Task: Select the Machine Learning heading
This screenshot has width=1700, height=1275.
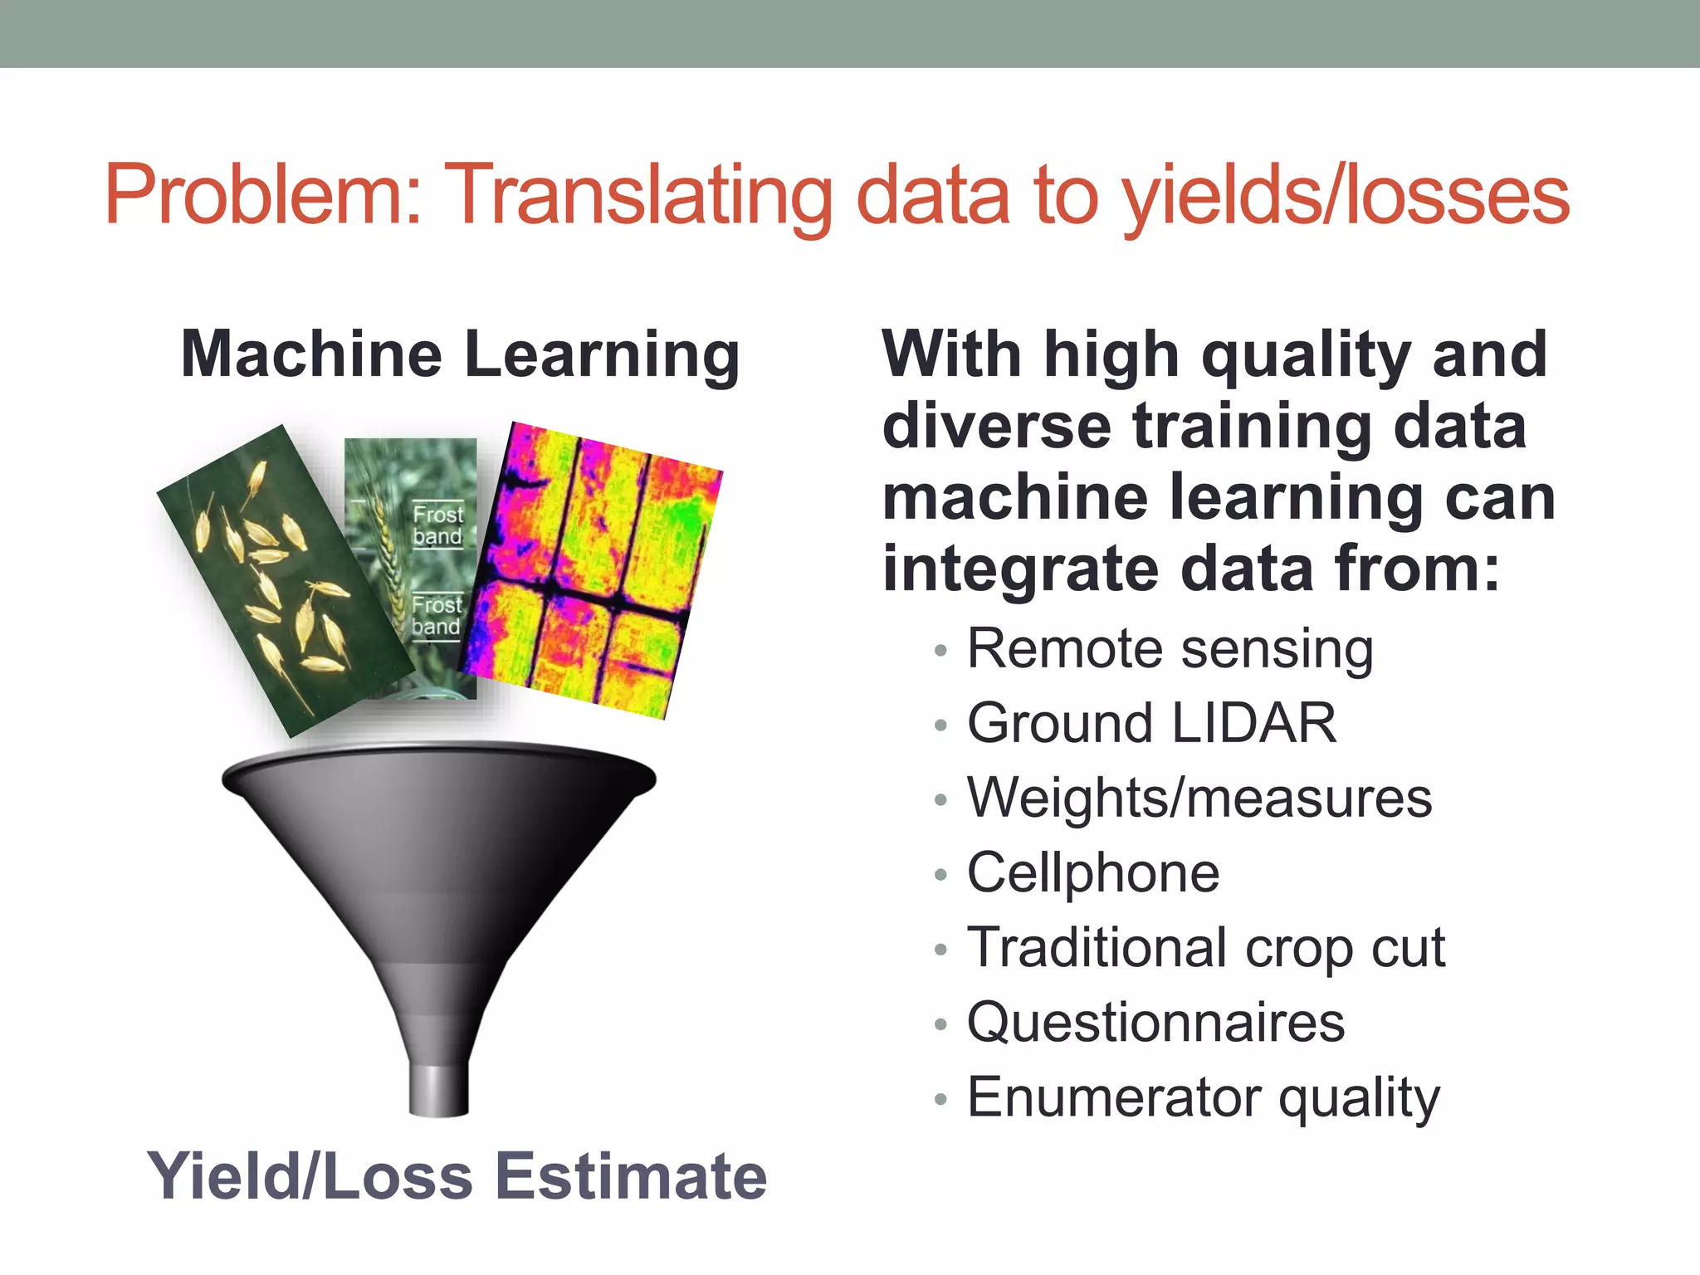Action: pyautogui.click(x=460, y=355)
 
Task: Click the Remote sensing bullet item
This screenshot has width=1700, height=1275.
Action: pyautogui.click(x=1170, y=649)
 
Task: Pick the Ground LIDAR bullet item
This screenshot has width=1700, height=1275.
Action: pyautogui.click(x=1151, y=724)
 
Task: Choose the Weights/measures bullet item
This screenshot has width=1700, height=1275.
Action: pyautogui.click(x=1199, y=799)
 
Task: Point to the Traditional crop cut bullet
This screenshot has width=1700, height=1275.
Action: pyautogui.click(x=1205, y=948)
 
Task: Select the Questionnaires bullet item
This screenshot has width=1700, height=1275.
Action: pyautogui.click(x=1155, y=1023)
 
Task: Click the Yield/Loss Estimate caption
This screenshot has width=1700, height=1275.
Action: pyautogui.click(x=457, y=1177)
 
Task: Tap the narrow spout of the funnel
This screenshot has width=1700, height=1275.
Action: pyautogui.click(x=439, y=1089)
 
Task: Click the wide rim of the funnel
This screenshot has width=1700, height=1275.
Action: pyautogui.click(x=438, y=768)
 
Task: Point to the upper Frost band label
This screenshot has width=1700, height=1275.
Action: pyautogui.click(x=437, y=525)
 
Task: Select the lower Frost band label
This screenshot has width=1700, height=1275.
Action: pyautogui.click(x=436, y=616)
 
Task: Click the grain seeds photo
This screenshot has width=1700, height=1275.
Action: pyautogui.click(x=274, y=581)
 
